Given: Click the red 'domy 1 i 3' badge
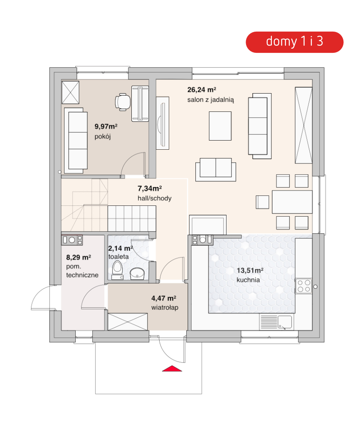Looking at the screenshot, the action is coord(294,42).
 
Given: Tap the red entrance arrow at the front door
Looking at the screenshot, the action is coord(172,368).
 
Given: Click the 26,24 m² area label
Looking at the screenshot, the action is coord(202,90).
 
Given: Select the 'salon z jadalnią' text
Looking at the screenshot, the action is coord(211,100).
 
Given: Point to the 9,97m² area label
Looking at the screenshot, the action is coord(106,126).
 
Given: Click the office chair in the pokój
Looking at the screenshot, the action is coord(123,102).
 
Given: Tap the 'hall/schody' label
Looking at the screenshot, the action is coord(154,198).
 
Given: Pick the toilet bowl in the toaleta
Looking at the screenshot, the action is coord(117,269).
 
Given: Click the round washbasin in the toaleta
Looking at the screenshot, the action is coord(137,273).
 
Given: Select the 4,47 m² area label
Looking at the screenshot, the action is coord(164,298).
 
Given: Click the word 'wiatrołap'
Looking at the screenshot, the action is coord(165,307).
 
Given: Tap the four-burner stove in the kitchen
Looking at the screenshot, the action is coord(304,286).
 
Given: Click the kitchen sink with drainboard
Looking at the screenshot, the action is coord(276,322).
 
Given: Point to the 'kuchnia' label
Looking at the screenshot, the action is coord(248,280).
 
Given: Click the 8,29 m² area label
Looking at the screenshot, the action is coord(79,257).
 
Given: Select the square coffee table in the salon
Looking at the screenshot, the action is coord(220,126).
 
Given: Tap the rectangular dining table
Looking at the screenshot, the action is coord(292,202).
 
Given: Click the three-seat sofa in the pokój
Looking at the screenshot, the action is coord(76,141).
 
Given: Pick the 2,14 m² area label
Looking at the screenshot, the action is coord(121,248).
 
